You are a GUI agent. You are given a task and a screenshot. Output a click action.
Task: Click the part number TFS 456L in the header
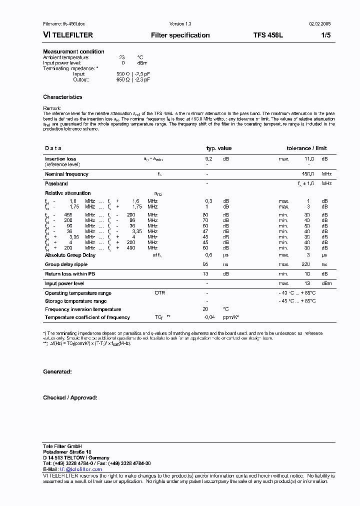(x=268, y=35)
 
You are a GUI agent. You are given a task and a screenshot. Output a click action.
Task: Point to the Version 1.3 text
(x=180, y=24)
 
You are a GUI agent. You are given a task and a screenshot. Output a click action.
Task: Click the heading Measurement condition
(x=73, y=51)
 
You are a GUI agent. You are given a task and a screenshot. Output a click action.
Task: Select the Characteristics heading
(x=62, y=97)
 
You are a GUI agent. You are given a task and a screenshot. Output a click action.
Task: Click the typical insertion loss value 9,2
(x=209, y=158)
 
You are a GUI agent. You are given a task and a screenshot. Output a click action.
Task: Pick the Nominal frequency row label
(x=66, y=174)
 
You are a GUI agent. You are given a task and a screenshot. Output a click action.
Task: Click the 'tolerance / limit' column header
(x=306, y=148)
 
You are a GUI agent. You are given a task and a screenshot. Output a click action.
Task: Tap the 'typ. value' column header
(x=219, y=148)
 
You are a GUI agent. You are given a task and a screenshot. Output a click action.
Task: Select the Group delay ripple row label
(x=66, y=264)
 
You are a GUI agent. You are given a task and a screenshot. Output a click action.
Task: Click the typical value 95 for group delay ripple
(x=205, y=264)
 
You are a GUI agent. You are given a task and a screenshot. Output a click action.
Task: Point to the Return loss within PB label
(x=70, y=274)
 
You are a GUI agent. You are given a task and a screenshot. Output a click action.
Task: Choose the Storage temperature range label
(x=75, y=301)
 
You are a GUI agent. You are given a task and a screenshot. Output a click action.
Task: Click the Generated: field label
(x=57, y=372)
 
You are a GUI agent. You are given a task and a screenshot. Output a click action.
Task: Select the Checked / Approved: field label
(x=70, y=398)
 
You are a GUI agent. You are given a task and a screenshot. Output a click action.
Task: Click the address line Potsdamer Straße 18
(x=67, y=452)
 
